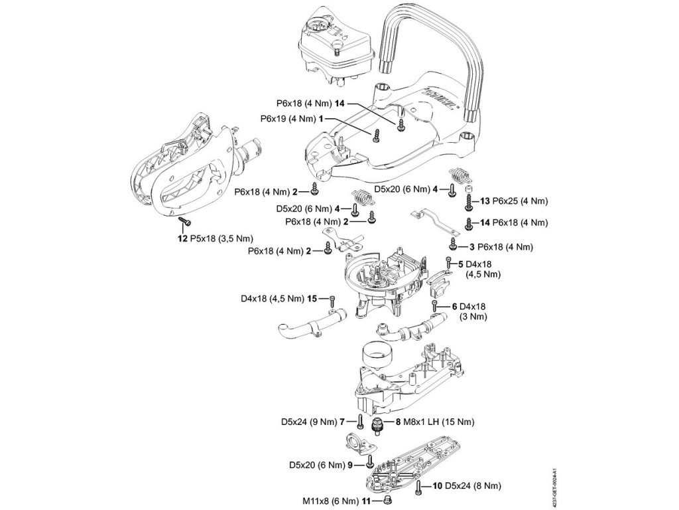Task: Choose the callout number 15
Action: point(312,299)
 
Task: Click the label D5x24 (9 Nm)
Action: point(306,421)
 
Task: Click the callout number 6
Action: point(454,306)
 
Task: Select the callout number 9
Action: point(352,464)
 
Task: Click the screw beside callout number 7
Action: point(359,421)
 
